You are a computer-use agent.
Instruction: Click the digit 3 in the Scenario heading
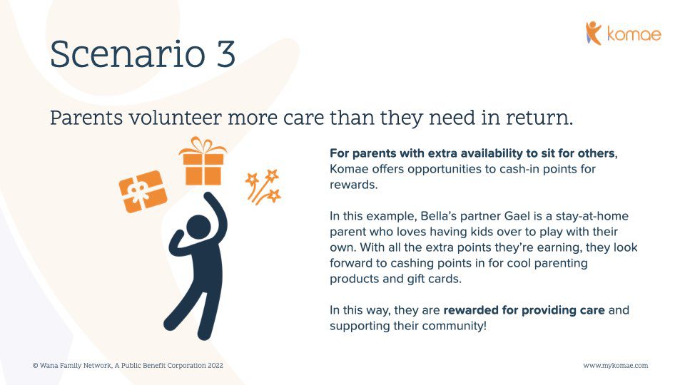click(225, 54)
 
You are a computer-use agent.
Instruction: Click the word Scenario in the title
click(128, 54)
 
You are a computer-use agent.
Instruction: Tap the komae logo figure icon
click(593, 33)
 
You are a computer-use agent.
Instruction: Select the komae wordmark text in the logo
click(634, 34)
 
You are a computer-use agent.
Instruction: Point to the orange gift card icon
click(143, 191)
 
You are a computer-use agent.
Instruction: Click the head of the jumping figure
click(198, 228)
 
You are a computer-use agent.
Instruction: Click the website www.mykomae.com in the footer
click(616, 365)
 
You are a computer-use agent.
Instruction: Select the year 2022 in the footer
click(215, 365)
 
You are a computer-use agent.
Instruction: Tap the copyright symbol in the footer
click(36, 365)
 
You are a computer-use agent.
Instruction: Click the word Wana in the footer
click(48, 365)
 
